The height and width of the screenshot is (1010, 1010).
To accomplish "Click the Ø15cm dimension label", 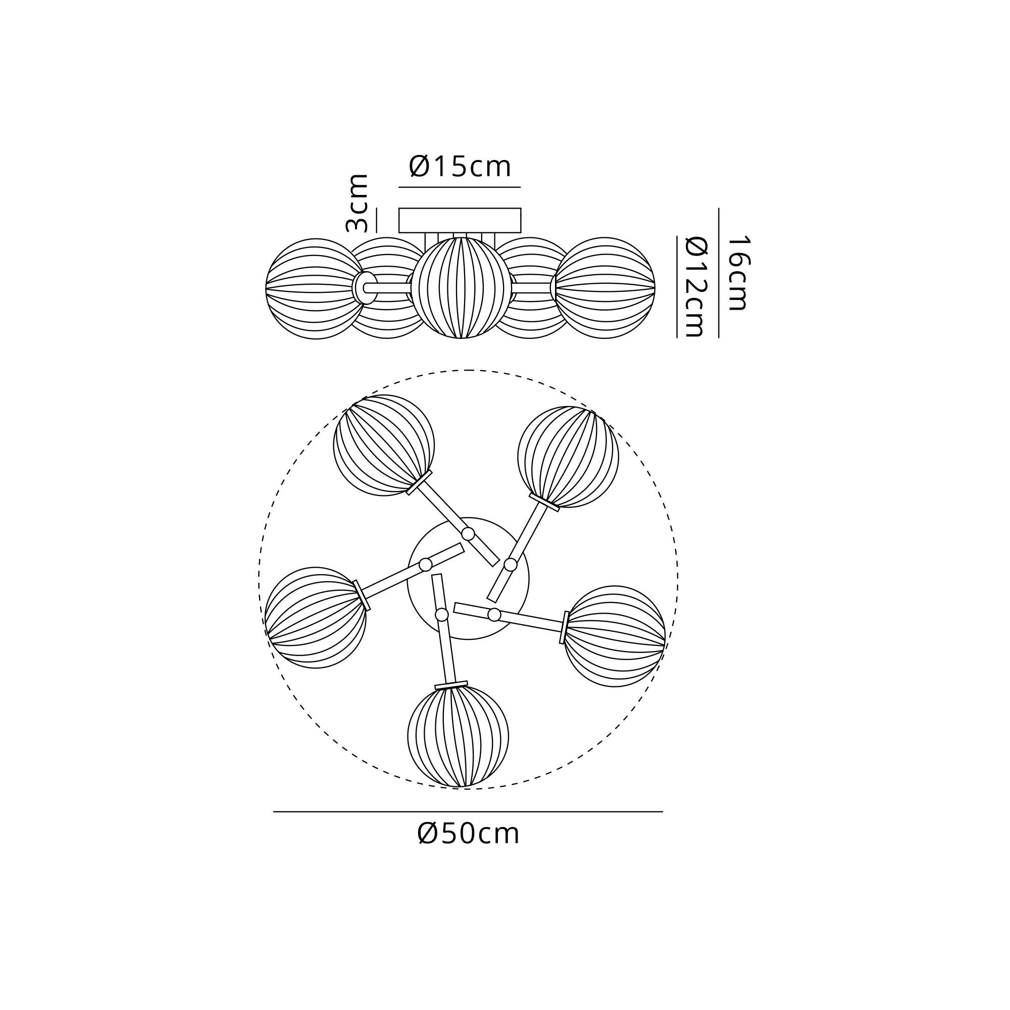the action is pos(460,166).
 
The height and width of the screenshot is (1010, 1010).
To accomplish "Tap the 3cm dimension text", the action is pos(357,203).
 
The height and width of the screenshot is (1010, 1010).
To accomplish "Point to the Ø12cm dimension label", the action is pos(696,286).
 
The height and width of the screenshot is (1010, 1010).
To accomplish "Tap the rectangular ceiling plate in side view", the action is pos(460,220).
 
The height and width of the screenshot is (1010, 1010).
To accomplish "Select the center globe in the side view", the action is pos(461,287).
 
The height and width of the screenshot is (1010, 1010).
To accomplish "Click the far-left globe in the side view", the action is pos(316,288).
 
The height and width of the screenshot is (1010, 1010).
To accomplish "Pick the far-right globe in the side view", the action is pos(605,287).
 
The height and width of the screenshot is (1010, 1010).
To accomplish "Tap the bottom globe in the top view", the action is pos(458,737).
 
